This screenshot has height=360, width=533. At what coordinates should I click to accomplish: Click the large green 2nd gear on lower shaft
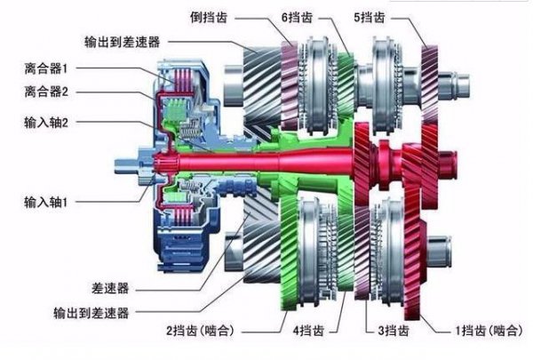(293, 249)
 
